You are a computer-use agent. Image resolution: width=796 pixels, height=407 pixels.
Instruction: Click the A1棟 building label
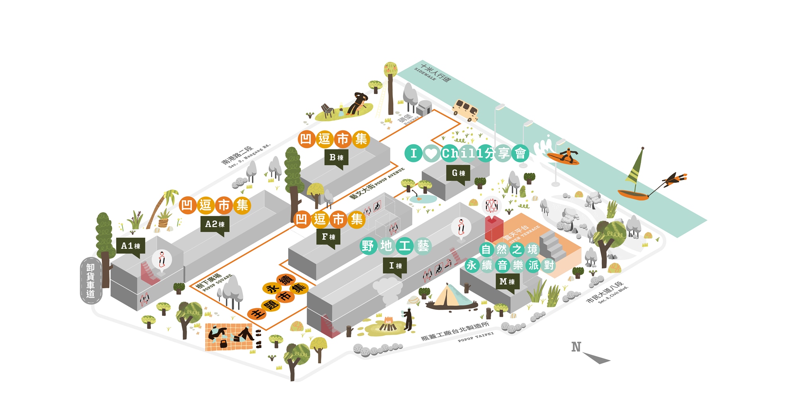coord(131,246)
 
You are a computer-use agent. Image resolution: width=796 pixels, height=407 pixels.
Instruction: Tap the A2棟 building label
coord(215,224)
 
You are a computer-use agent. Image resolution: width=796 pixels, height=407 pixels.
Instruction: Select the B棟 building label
coord(336,158)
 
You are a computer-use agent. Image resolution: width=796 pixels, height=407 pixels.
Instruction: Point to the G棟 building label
coord(458,173)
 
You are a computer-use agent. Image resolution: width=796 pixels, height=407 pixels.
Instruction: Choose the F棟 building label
coord(328,237)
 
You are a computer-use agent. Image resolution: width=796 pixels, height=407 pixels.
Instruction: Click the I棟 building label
coord(395,266)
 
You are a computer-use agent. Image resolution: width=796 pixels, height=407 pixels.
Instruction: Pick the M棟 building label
coord(507,282)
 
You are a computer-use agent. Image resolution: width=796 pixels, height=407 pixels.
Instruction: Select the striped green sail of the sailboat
coord(636,167)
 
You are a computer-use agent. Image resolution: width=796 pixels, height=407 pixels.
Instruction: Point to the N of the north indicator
coord(576,347)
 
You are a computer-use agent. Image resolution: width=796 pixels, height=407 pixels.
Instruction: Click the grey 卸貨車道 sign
coord(91,280)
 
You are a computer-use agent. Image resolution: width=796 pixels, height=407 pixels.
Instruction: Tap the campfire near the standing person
coord(388,324)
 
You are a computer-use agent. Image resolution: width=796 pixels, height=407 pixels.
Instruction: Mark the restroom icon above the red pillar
coord(492,205)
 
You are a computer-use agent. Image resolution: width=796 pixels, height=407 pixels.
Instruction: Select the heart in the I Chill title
coord(431,153)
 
